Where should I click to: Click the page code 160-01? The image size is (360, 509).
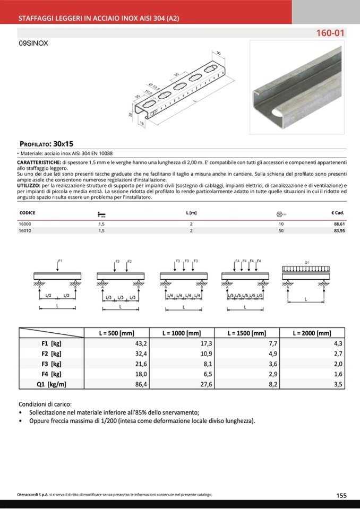pos(331,33)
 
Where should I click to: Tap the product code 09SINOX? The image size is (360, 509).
pos(33,44)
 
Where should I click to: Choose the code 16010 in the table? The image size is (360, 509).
pos(25,231)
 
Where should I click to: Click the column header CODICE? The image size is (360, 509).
pos(27,213)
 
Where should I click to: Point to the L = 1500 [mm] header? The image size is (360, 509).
pos(246,333)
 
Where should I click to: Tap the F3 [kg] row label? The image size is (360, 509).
pos(52,364)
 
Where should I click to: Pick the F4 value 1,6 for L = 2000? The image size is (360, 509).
pos(338,374)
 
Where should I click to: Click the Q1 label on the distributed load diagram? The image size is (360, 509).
pos(307,262)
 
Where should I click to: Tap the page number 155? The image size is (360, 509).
pos(341,495)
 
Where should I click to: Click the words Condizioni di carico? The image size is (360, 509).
pos(45,404)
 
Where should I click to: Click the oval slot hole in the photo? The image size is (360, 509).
pos(275,114)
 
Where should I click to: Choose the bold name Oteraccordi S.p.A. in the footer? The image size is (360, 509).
pos(33,495)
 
